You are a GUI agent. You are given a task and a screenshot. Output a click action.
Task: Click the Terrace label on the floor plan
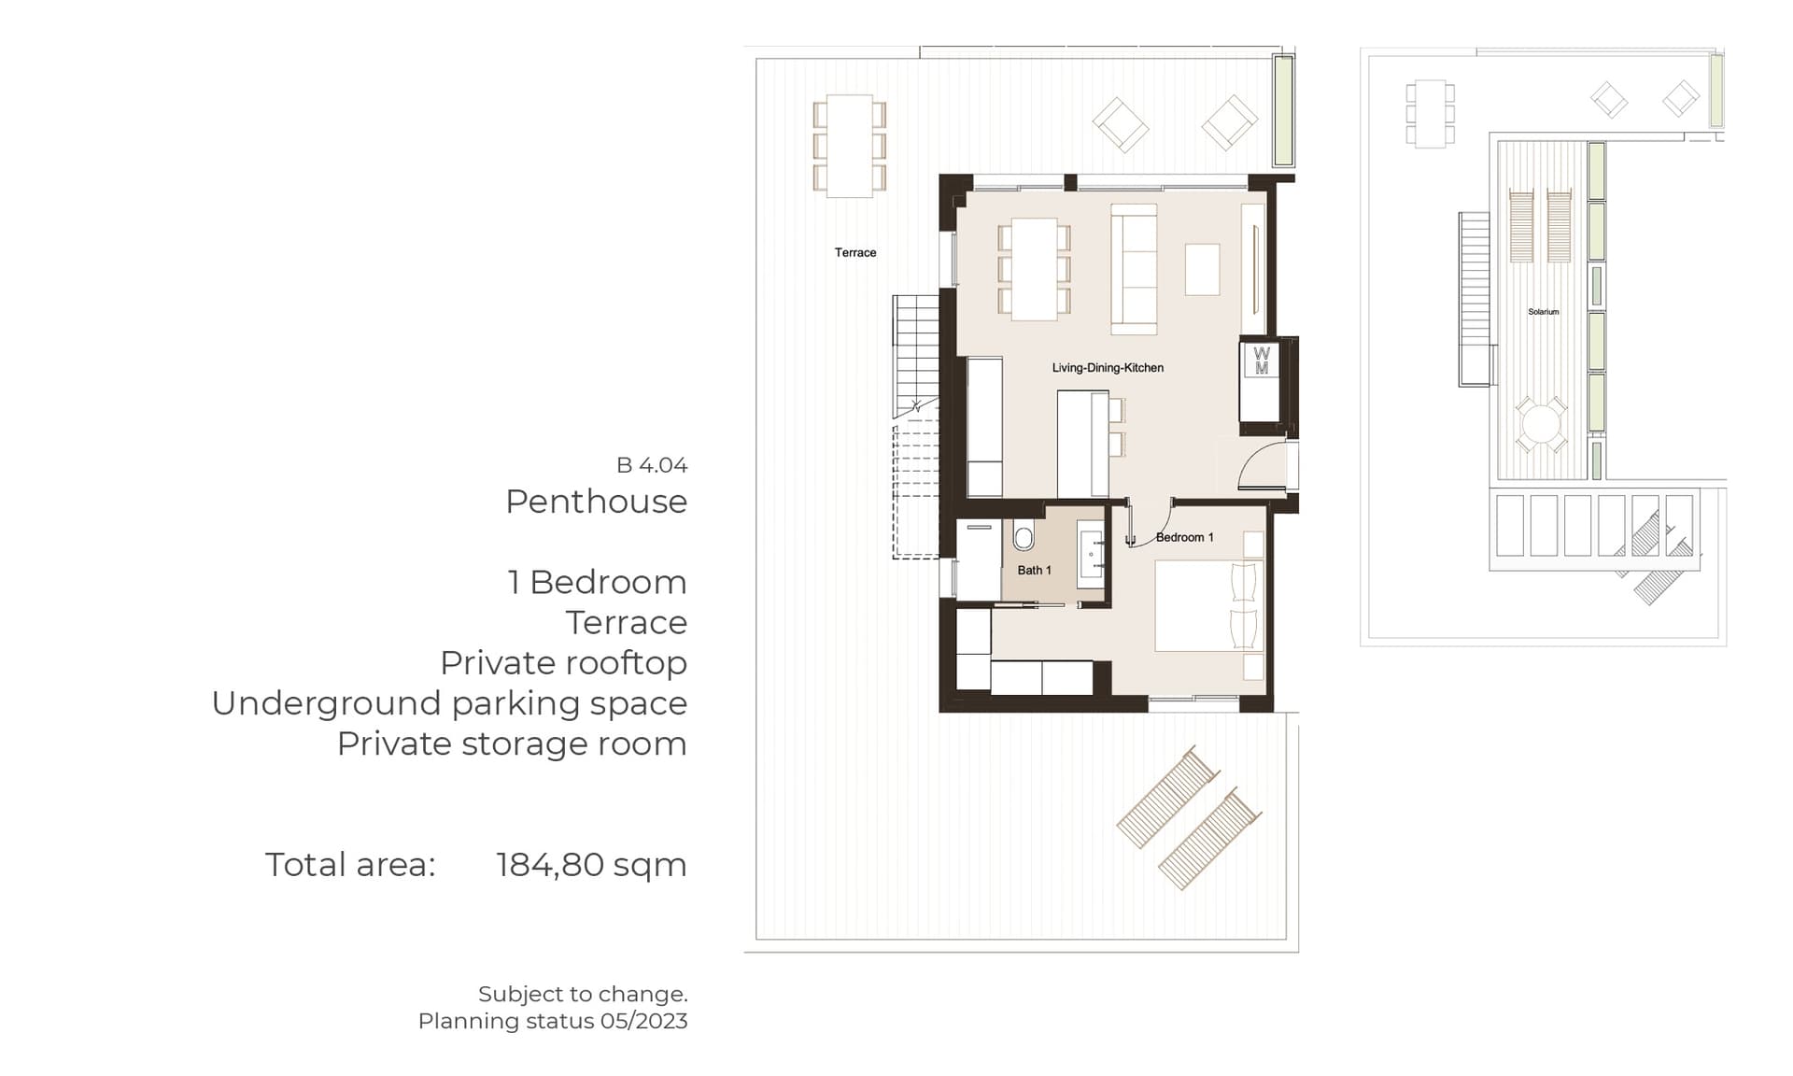pos(855,252)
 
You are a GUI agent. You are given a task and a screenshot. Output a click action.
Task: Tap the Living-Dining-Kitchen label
pos(1108,368)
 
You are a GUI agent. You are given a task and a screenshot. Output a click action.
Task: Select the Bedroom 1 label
pos(1185,537)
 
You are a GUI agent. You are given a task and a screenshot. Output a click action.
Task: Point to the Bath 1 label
pos(1034,570)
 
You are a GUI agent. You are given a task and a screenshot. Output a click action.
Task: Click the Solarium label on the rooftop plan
pos(1543,312)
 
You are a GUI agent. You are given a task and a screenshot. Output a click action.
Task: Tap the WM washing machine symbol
pos(1262,361)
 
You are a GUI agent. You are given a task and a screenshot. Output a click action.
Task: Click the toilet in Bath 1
pos(1024,537)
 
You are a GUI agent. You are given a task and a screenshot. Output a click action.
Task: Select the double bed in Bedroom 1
pos(1209,605)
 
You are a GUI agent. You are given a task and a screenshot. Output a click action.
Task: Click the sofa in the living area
pos(1134,269)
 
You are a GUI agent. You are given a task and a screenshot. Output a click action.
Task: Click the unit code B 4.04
pos(652,465)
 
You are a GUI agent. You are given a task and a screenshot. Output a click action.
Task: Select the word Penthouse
pos(596,502)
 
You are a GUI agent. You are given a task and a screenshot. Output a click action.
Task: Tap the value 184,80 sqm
pos(591,865)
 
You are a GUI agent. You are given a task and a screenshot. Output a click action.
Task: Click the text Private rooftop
pos(564,663)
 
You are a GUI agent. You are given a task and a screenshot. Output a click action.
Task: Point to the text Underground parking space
pos(449,703)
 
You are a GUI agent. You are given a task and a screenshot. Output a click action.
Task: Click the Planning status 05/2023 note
pos(553,1021)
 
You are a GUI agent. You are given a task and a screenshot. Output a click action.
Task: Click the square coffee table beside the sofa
pos(1203,269)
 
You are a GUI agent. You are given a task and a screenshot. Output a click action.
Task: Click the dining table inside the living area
pos(1035,269)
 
